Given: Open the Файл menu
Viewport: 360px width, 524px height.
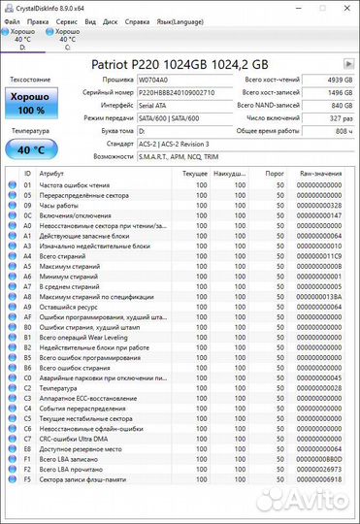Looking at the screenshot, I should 12,19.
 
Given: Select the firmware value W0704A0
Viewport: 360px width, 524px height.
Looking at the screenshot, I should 155,80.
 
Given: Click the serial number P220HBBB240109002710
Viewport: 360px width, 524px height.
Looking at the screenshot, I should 178,92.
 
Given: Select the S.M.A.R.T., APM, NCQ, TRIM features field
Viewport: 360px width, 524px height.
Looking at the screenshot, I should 178,155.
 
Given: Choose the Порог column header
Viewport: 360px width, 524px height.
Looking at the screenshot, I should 275,173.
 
